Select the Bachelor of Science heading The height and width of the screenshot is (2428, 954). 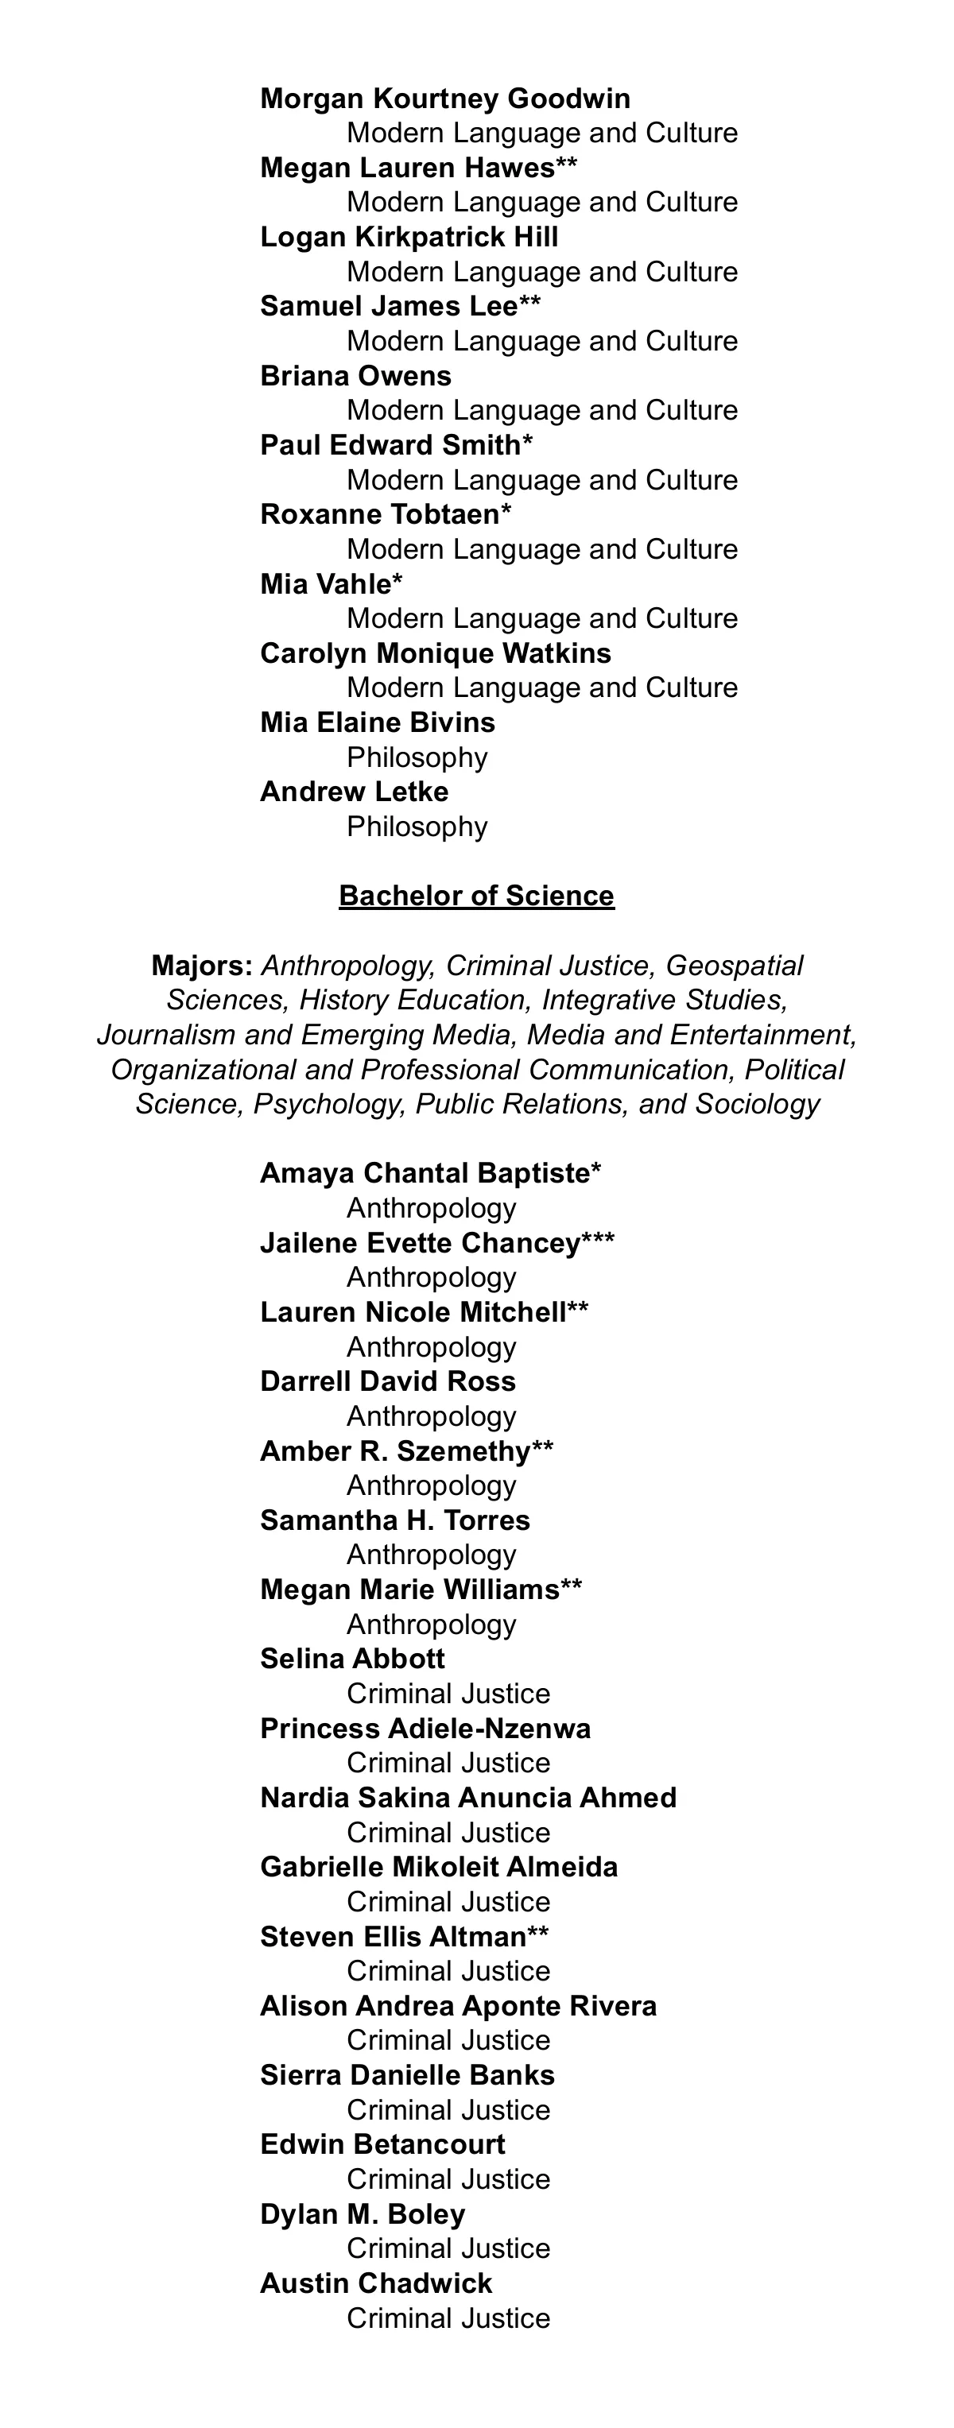coord(476,896)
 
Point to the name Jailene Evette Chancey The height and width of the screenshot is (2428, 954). coord(420,1243)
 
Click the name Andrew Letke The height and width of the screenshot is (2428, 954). coord(354,792)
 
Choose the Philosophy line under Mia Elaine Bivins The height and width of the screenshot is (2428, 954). coord(417,758)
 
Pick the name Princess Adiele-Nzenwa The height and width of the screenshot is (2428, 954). coord(425,1729)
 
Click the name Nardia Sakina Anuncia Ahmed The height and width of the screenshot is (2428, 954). coord(467,1798)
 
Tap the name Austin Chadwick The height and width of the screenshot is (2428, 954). coord(376,2284)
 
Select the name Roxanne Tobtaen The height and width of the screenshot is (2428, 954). coord(379,515)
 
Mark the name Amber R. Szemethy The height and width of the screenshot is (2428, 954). coord(395,1451)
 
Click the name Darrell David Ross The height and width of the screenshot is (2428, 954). coord(387,1382)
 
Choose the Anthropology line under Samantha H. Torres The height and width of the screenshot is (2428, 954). coord(431,1555)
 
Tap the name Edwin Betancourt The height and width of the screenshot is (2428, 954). coord(382,2144)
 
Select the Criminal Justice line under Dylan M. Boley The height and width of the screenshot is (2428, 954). coord(448,2249)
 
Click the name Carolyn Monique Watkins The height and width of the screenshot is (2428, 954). coord(435,653)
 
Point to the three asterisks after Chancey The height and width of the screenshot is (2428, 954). coord(598,1241)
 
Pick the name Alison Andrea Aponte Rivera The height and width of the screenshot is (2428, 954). coord(458,2006)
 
